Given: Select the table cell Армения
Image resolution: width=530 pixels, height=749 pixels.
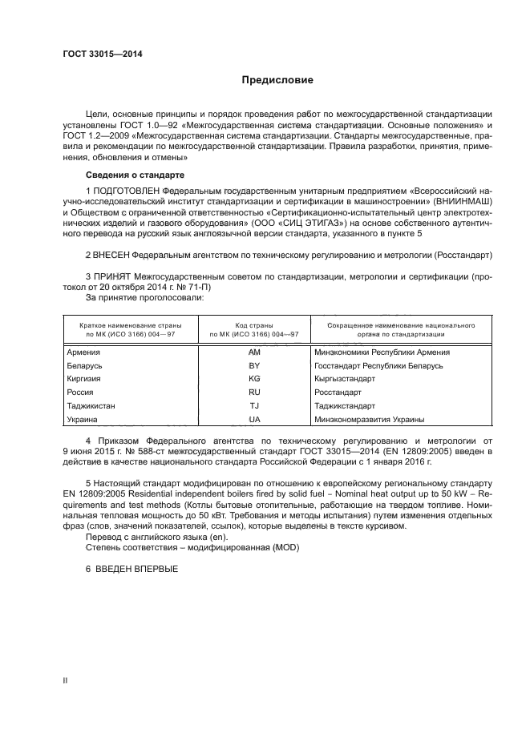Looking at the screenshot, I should (83, 352).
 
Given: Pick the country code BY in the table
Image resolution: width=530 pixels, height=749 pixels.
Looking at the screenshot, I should (254, 365).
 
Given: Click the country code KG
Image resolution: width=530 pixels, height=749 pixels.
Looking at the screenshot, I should (254, 379).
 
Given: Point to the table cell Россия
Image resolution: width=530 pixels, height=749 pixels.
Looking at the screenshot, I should (80, 393).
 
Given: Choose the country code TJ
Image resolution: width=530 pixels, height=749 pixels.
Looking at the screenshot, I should (254, 406).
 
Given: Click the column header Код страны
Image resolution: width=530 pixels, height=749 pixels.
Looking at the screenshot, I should (254, 326).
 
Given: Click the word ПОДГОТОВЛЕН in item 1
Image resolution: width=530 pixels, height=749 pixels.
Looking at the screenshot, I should (127, 191).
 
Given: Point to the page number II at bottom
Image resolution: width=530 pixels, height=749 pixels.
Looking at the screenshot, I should (65, 680).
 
